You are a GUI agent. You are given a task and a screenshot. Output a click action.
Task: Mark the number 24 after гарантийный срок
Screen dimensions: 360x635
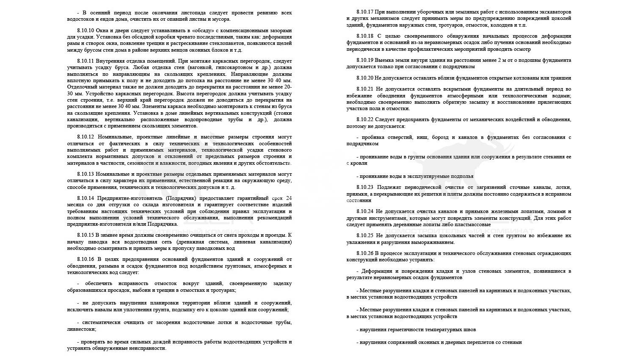[288, 198]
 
